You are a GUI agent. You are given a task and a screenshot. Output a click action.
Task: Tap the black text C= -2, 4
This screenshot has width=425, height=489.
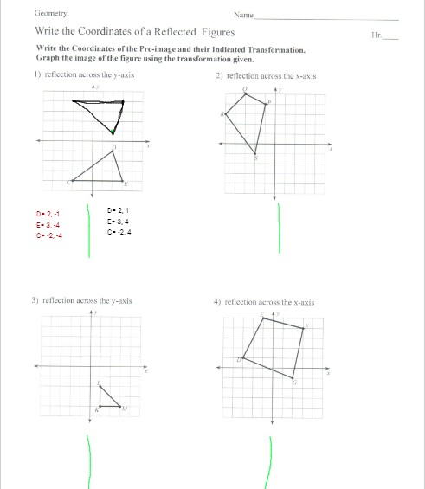(x=119, y=232)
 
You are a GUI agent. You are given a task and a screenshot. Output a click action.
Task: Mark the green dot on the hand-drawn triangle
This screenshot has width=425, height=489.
(x=113, y=132)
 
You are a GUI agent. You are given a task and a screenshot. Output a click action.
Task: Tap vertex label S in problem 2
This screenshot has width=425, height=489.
(x=255, y=158)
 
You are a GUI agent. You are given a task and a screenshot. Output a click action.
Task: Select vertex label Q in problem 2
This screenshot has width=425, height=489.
(x=245, y=88)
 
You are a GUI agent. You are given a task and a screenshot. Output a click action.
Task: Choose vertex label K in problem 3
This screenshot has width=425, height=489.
(x=96, y=409)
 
